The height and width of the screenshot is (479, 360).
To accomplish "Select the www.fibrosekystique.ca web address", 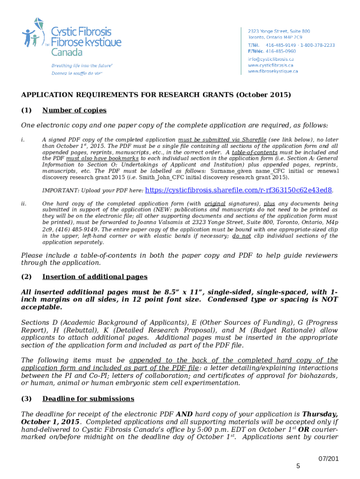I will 273,71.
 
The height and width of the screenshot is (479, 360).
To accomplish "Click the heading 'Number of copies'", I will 74,110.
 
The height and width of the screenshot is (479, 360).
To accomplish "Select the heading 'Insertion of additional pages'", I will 95,277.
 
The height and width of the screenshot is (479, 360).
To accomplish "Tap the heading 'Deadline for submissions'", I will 88,399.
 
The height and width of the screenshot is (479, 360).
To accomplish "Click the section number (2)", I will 26,277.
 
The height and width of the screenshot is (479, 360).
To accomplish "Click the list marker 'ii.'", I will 24,203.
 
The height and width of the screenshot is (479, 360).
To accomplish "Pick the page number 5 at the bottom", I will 298,466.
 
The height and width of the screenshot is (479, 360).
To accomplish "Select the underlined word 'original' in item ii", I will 215,203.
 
